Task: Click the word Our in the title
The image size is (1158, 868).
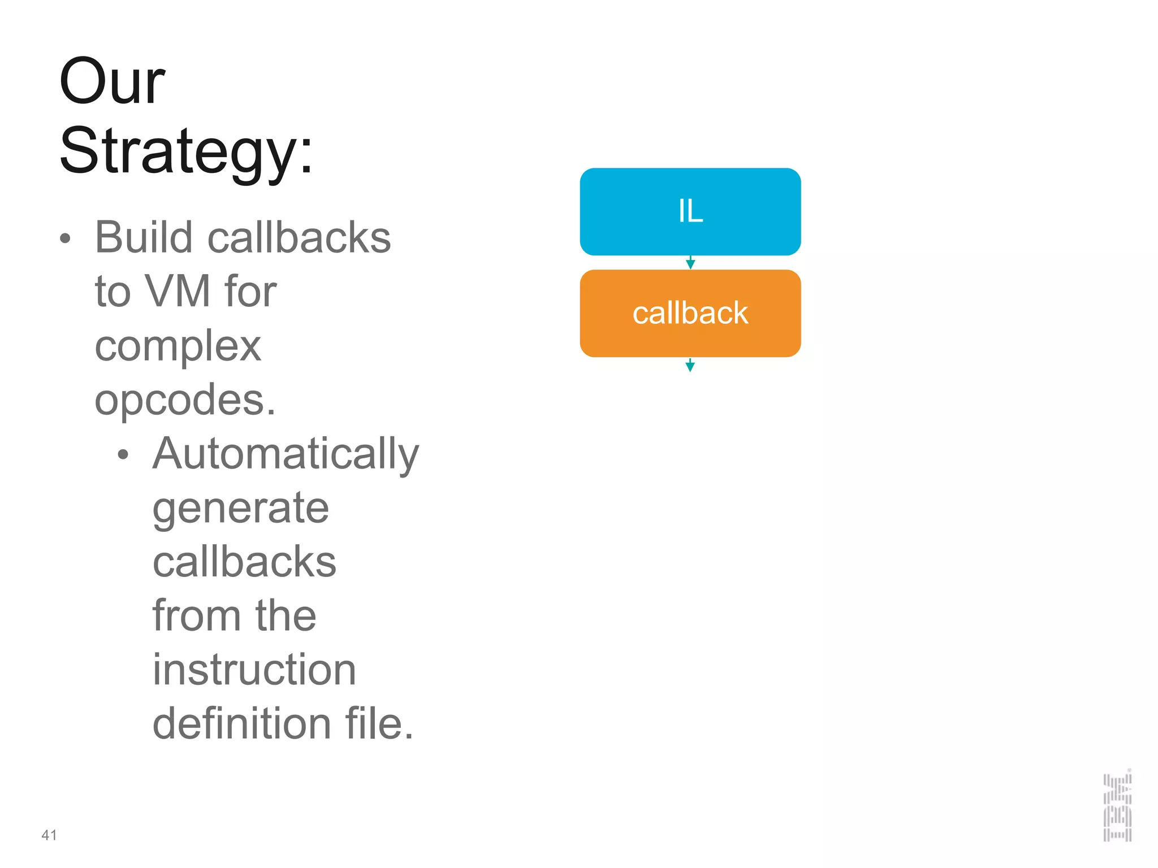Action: pos(112,82)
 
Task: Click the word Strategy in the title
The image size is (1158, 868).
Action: pos(180,151)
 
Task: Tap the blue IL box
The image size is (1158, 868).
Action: pos(690,211)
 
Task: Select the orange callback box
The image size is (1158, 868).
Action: pos(690,313)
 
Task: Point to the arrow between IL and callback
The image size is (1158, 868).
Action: pos(690,263)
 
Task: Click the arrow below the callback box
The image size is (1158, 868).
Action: pos(690,366)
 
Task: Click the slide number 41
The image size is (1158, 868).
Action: pos(49,835)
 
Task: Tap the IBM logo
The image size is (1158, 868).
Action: pos(1117,806)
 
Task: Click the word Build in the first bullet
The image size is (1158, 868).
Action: pos(144,237)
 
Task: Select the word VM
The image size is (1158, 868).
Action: pos(178,292)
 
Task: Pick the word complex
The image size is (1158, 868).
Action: pos(178,346)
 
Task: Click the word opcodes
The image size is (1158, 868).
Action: pos(184,400)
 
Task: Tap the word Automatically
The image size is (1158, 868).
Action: pos(286,454)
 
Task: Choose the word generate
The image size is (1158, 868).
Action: pos(240,508)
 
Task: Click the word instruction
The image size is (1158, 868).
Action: pos(254,670)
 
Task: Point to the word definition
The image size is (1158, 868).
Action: pos(241,724)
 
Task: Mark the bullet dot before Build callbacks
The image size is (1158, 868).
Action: pos(66,238)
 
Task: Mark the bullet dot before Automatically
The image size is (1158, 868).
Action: pos(123,454)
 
